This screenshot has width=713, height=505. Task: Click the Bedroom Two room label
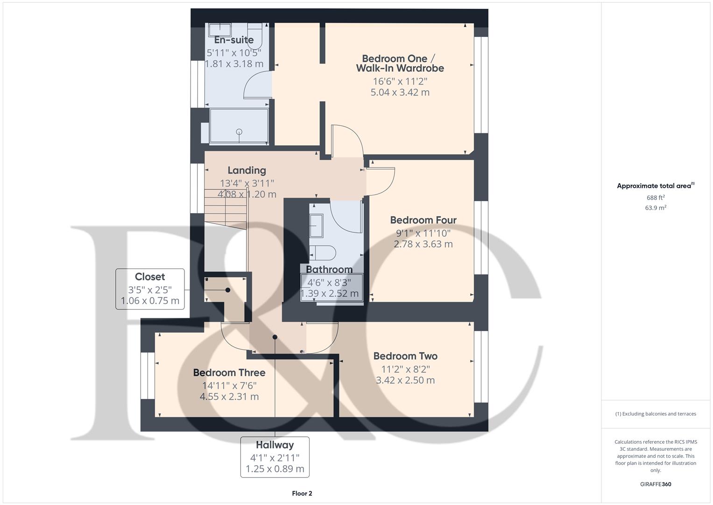click(x=405, y=356)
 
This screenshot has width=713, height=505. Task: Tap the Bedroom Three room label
click(x=229, y=373)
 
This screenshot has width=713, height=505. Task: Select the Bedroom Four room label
click(x=423, y=220)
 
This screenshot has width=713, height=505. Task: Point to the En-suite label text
click(x=234, y=40)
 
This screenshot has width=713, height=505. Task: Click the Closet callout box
click(x=150, y=289)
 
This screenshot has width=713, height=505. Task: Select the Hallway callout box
click(x=275, y=457)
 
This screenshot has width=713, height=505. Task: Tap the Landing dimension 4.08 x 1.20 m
click(x=247, y=194)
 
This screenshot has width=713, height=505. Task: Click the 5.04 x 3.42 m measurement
click(x=400, y=93)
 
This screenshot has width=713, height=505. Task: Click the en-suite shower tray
click(x=239, y=125)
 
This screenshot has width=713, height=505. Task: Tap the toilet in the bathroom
click(x=322, y=253)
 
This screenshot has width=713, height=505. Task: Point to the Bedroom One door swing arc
click(x=347, y=140)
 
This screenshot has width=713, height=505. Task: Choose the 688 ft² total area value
click(x=656, y=198)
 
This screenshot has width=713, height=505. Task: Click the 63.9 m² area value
click(x=656, y=208)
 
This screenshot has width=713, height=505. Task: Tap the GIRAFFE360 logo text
click(x=656, y=484)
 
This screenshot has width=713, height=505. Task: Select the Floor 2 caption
click(x=302, y=493)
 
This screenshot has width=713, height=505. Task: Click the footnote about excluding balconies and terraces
click(x=656, y=414)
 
